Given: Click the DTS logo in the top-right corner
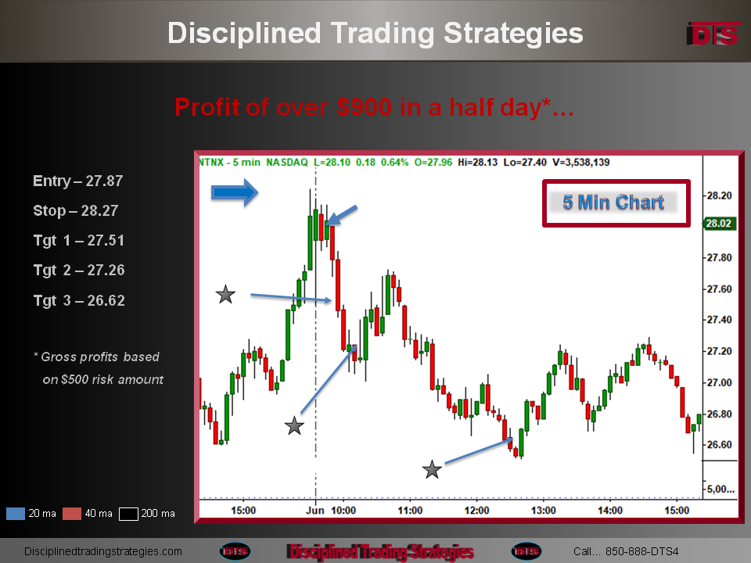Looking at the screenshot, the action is pos(713,34).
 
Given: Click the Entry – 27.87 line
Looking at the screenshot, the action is pos(78,181).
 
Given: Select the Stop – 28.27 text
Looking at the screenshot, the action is pos(76,210).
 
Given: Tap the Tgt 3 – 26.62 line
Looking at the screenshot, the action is pos(79,300).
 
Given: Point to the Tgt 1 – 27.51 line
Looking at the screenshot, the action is pos(78,240).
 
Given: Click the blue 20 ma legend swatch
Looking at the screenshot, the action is pos(16,514).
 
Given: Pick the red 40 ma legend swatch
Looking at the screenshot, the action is pos(72,514).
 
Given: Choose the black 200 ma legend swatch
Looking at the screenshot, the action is pos(128,514).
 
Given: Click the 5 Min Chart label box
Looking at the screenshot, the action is pos(616,203).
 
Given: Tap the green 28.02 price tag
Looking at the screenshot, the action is pos(719,224).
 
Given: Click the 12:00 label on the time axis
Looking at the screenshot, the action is pos(476,511).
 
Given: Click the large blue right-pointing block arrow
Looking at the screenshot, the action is pos(235,192).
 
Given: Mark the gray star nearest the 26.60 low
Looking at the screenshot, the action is pos(432,470).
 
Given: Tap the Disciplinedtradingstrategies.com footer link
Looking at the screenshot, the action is pos(103,551).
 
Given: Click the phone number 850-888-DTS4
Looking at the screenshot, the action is pos(641,551).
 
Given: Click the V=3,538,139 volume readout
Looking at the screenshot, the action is pos(581,163).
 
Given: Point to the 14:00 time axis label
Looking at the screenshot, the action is pos(609,511).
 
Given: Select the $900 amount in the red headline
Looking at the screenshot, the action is pos(364,107).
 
